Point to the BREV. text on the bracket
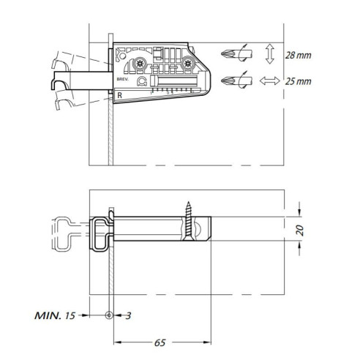click(x=121, y=76)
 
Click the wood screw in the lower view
click(x=190, y=220)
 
